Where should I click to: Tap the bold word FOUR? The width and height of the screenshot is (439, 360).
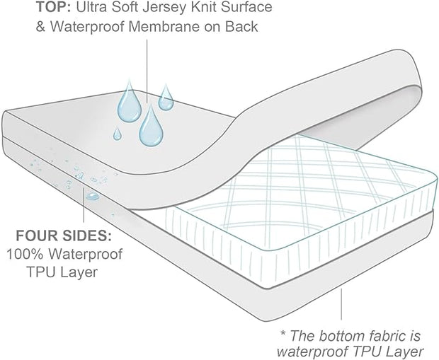(x=29, y=236)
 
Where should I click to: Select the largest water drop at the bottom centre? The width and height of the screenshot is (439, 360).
(x=149, y=127)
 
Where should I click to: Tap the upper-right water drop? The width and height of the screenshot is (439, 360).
(x=166, y=98)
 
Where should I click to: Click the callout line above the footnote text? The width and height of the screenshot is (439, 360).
(x=342, y=304)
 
